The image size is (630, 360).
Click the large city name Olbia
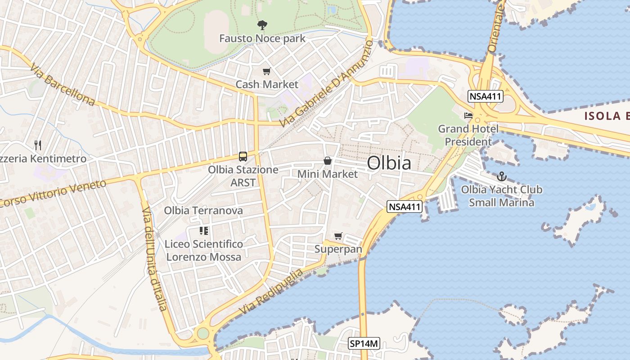click(389, 163)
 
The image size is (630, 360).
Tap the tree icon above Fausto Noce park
click(261, 25)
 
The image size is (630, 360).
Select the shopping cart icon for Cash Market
click(267, 71)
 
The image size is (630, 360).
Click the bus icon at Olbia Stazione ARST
click(243, 157)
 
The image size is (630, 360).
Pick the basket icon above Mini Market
click(328, 161)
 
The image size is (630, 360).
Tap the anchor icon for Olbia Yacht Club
click(501, 176)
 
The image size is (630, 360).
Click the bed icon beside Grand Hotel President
click(468, 116)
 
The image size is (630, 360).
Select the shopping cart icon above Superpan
click(338, 236)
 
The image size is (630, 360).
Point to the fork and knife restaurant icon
click(38, 145)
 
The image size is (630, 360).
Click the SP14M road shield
click(364, 344)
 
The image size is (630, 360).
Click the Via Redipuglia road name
click(271, 292)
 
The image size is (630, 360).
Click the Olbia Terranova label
click(203, 211)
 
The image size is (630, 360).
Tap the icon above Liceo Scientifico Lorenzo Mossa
click(204, 231)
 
